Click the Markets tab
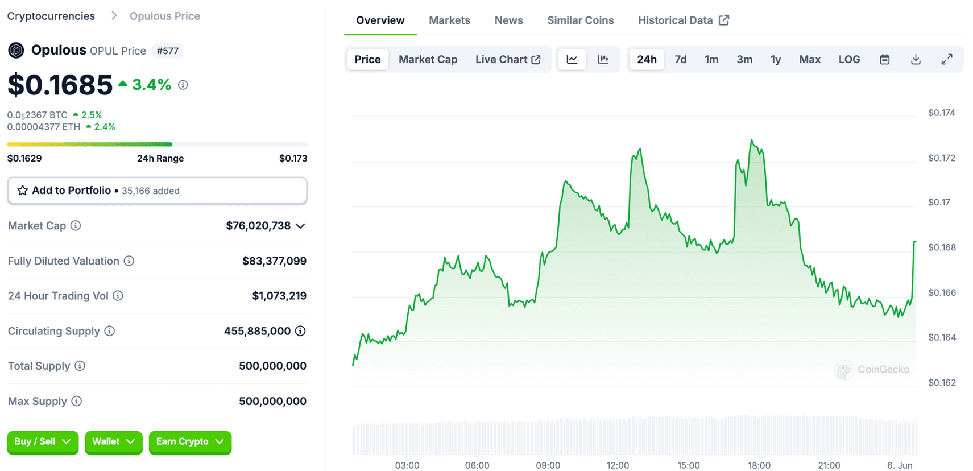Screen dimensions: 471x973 (x=449, y=20)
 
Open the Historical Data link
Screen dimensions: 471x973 (x=683, y=20)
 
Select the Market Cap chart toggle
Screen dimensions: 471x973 (x=428, y=59)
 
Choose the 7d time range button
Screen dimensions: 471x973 (x=680, y=59)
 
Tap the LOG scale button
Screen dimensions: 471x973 (x=849, y=59)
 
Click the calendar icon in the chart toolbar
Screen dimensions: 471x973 (x=884, y=59)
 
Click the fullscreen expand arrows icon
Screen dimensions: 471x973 (x=946, y=59)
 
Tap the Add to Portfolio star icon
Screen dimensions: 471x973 (x=23, y=191)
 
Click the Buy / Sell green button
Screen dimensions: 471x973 (x=43, y=442)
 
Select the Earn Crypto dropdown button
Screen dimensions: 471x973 (x=190, y=442)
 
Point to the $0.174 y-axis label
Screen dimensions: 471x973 (x=941, y=113)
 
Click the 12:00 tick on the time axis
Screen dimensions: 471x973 (x=618, y=465)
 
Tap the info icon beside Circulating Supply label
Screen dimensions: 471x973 (x=110, y=331)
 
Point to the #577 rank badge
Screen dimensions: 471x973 (x=168, y=51)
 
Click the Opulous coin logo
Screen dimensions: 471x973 (x=16, y=50)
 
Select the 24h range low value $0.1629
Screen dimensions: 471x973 (x=24, y=158)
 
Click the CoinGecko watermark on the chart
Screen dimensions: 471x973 (x=872, y=370)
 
